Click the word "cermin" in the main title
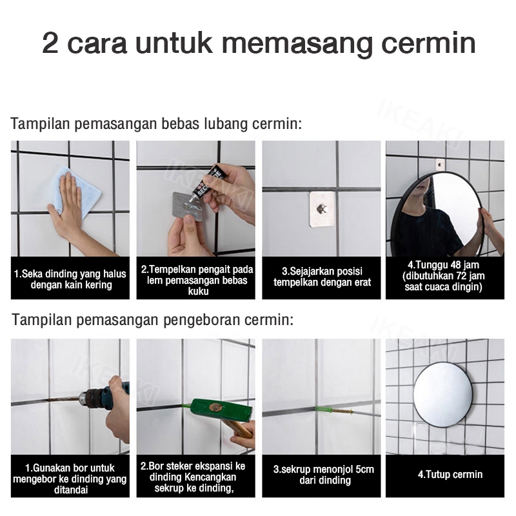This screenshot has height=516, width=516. point(428,43)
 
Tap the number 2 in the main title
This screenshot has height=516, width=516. point(50,43)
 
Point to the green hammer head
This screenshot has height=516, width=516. point(221,410)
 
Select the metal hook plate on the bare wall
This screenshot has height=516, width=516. point(322,209)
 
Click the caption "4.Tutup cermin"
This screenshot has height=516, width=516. point(450,474)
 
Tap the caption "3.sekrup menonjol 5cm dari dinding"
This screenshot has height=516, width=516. point(324,475)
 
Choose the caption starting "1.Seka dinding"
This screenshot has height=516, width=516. point(70,279)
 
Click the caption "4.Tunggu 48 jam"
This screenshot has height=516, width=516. point(443,264)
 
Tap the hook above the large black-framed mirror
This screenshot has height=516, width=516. point(440,164)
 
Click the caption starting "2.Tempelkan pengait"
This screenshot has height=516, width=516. point(197,280)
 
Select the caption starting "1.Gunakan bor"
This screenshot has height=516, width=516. point(70,479)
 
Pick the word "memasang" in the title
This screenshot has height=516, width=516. point(297,43)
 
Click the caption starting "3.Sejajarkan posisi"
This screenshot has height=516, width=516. point(322,277)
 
